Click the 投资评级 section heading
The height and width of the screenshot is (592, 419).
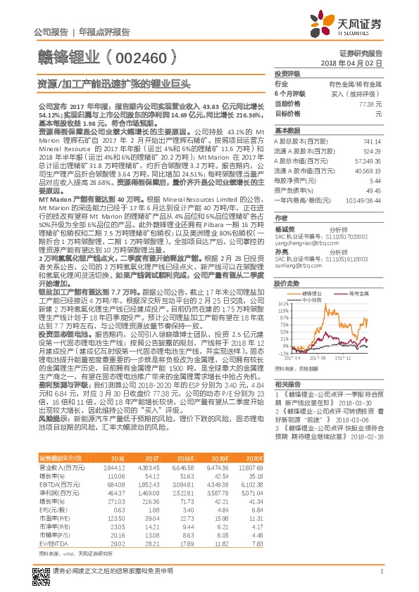(287, 74)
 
